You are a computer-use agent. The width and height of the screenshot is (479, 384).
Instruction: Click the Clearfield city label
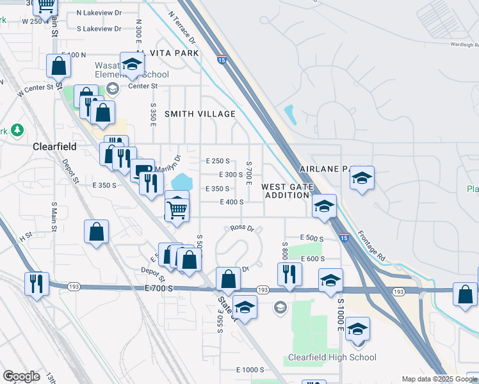coord(54,147)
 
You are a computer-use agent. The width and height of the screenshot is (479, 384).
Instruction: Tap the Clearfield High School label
coord(332,357)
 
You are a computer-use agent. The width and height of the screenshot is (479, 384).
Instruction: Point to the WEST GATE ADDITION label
coord(286,191)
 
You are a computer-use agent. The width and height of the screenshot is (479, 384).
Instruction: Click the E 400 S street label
coord(231,202)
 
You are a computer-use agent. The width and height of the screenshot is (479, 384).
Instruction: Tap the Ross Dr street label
coord(243,228)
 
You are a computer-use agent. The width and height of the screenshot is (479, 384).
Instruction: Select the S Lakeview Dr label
coord(99,29)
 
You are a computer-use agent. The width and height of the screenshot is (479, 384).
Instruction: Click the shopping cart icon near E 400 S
coord(177,208)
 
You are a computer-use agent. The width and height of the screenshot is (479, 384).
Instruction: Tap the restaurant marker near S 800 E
coord(289,273)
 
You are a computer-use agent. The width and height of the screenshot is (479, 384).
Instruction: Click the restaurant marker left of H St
coord(35,282)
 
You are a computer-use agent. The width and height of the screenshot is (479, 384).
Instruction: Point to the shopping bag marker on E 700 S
coord(229,278)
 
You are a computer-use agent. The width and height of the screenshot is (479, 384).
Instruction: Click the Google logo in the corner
coord(21,376)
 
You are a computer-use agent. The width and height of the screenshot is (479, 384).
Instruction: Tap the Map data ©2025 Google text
coord(439,380)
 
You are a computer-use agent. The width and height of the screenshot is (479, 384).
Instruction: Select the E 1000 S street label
coord(250,370)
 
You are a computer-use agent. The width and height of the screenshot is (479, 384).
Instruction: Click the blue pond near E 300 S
coord(181,182)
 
